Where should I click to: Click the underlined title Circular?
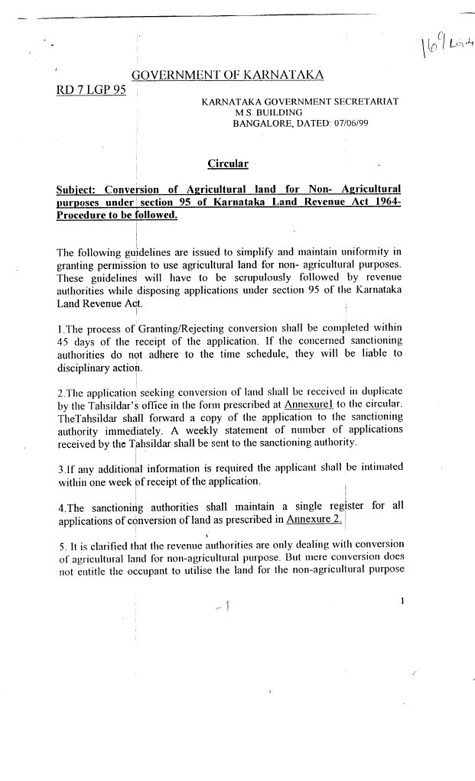click(x=227, y=164)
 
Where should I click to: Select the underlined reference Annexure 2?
click(x=314, y=520)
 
